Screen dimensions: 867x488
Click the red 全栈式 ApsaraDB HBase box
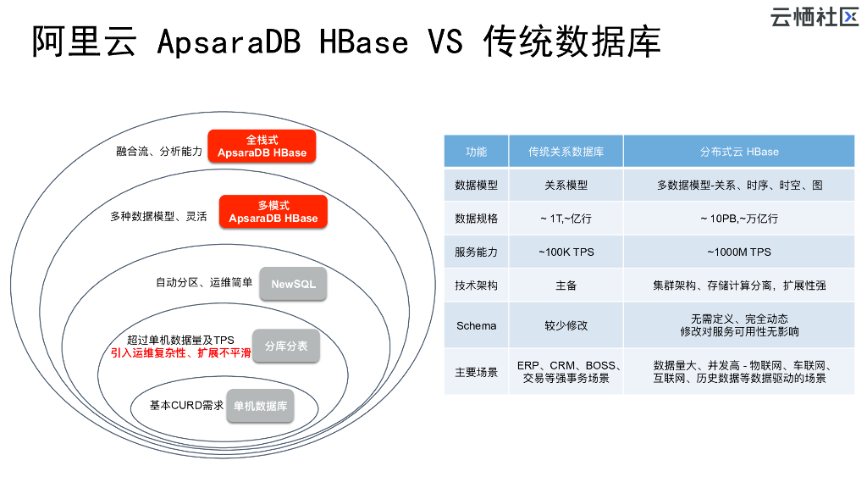pos(262,146)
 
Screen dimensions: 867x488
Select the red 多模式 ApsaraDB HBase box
pos(273,211)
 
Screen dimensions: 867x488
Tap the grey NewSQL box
pos(293,284)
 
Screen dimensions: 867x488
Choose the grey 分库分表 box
pos(286,346)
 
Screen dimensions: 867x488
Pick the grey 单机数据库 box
pos(260,406)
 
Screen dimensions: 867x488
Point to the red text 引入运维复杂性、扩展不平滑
pos(180,353)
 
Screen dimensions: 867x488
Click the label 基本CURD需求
pos(186,406)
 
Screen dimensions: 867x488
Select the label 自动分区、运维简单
pos(204,283)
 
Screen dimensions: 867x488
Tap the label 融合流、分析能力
pos(159,151)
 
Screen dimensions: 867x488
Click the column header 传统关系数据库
pos(566,152)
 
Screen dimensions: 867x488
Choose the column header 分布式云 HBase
pos(738,152)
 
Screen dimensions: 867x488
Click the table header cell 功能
pos(476,152)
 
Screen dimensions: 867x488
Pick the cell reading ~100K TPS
pos(566,252)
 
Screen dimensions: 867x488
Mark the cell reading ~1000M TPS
pos(738,252)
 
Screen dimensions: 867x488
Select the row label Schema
pos(476,326)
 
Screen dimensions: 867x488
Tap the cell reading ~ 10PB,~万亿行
pos(738,219)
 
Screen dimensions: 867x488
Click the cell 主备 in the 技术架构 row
pos(566,286)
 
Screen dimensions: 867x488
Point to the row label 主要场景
pos(476,373)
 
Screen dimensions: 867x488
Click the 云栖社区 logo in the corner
pos(814,17)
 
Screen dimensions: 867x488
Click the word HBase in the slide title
pos(364,42)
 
